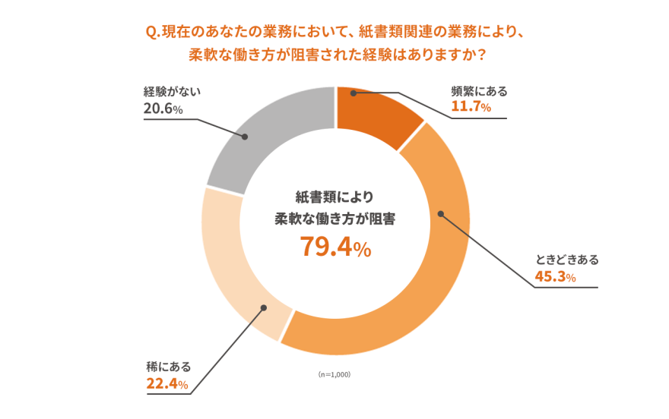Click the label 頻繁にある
tap(479, 91)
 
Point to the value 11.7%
tap(471, 108)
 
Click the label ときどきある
tap(566, 260)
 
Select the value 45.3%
tap(555, 276)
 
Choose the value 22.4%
tap(166, 384)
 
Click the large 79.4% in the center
tap(334, 247)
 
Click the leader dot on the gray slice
tap(246, 137)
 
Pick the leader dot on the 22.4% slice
tap(263, 307)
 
